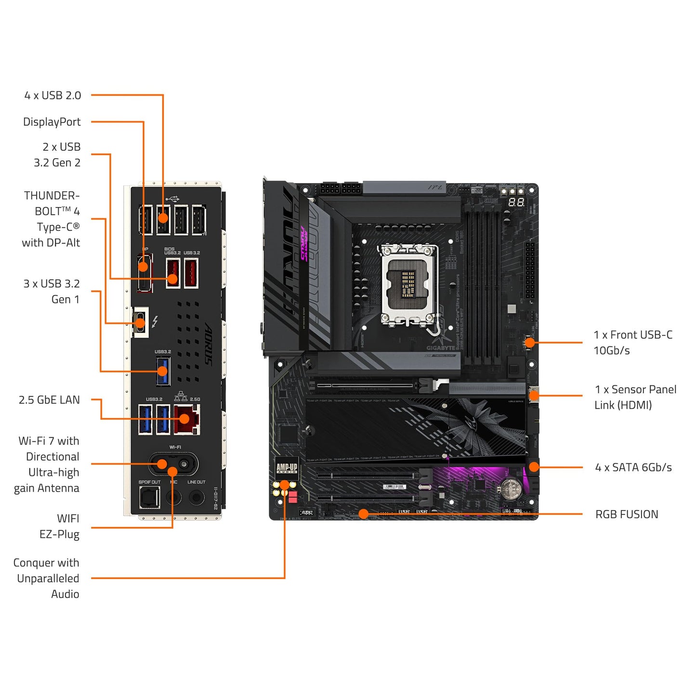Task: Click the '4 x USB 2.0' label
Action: coord(53,95)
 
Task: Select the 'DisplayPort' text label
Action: coord(52,122)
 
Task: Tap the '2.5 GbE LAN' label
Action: coord(49,400)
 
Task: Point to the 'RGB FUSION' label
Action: coord(626,514)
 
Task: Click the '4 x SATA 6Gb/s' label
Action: coord(633,467)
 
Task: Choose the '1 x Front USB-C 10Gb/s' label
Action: coord(632,342)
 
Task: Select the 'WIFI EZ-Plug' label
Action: coord(60,526)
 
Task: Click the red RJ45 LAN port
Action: coord(186,419)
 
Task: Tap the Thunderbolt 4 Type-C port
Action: coord(140,322)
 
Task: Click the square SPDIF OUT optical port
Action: coord(149,497)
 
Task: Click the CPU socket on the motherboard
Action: coord(408,284)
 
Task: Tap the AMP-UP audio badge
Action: coord(287,468)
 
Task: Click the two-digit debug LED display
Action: coord(516,202)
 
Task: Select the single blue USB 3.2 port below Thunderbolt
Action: coord(163,371)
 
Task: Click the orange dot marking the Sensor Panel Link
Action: coord(534,396)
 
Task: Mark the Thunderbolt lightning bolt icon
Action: coord(155,321)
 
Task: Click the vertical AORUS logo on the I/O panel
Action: coord(208,344)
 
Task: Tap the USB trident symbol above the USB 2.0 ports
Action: coord(172,198)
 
